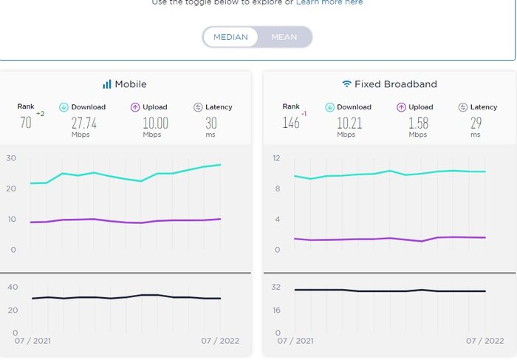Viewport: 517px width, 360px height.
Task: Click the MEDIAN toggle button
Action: click(230, 37)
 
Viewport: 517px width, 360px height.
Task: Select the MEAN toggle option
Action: click(284, 37)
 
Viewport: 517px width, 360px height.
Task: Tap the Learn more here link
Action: click(329, 3)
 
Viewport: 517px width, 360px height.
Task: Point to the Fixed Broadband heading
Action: click(395, 84)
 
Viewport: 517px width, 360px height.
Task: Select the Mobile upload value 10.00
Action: click(156, 123)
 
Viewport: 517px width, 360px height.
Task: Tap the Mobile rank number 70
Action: click(26, 123)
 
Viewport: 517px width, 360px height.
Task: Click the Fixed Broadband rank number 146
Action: click(291, 123)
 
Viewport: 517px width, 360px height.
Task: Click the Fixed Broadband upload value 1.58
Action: click(417, 123)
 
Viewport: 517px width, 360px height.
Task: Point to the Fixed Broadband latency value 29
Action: click(475, 123)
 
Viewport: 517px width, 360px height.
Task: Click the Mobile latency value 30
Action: click(211, 123)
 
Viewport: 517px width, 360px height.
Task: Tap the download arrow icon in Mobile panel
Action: click(64, 107)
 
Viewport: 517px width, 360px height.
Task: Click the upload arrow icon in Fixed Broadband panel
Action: click(401, 107)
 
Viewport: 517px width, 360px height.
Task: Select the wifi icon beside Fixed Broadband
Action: click(346, 84)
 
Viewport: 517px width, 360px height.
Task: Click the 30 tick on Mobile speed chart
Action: click(11, 158)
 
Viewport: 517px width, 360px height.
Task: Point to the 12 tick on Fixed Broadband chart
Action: click(277, 158)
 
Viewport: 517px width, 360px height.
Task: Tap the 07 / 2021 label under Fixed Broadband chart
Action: click(295, 341)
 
